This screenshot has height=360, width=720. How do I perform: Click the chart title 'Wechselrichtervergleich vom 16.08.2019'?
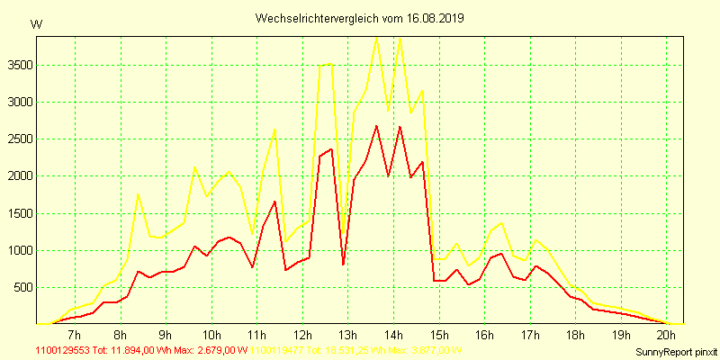(x=359, y=18)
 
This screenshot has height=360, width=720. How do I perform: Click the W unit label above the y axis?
(x=36, y=24)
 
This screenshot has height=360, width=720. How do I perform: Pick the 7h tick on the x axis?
(x=75, y=335)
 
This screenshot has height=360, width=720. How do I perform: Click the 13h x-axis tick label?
(x=347, y=335)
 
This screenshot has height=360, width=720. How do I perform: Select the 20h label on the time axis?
(x=666, y=335)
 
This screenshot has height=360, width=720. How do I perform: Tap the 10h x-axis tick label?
(x=211, y=335)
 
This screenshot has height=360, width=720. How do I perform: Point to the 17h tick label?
(x=529, y=335)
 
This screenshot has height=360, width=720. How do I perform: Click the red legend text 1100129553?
(x=62, y=350)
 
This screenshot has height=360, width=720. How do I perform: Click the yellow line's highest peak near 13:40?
(x=376, y=36)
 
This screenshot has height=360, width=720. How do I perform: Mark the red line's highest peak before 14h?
(x=376, y=125)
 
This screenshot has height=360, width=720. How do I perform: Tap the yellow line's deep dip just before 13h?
(x=343, y=236)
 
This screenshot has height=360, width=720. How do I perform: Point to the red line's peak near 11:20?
(x=274, y=201)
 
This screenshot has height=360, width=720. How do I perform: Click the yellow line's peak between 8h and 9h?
(x=138, y=194)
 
